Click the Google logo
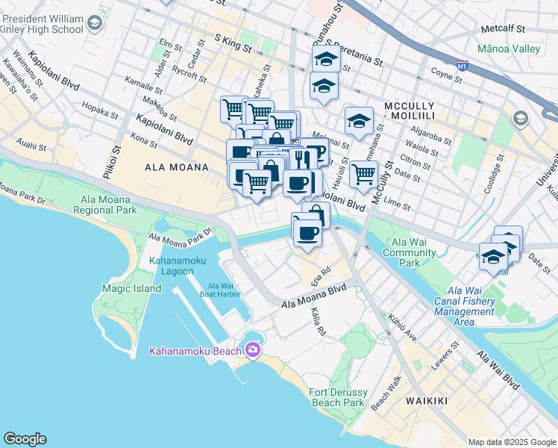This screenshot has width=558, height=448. (25, 439)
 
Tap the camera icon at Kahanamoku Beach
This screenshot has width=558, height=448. (253, 349)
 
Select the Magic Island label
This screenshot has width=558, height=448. (131, 288)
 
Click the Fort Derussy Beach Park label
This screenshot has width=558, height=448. (337, 397)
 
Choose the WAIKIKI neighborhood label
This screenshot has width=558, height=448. (427, 401)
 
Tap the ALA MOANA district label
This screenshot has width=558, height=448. (176, 167)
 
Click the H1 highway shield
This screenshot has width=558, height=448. (462, 66)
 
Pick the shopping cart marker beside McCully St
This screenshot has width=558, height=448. (363, 174)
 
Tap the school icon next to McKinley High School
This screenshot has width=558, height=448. (94, 24)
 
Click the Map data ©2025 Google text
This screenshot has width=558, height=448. (511, 442)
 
